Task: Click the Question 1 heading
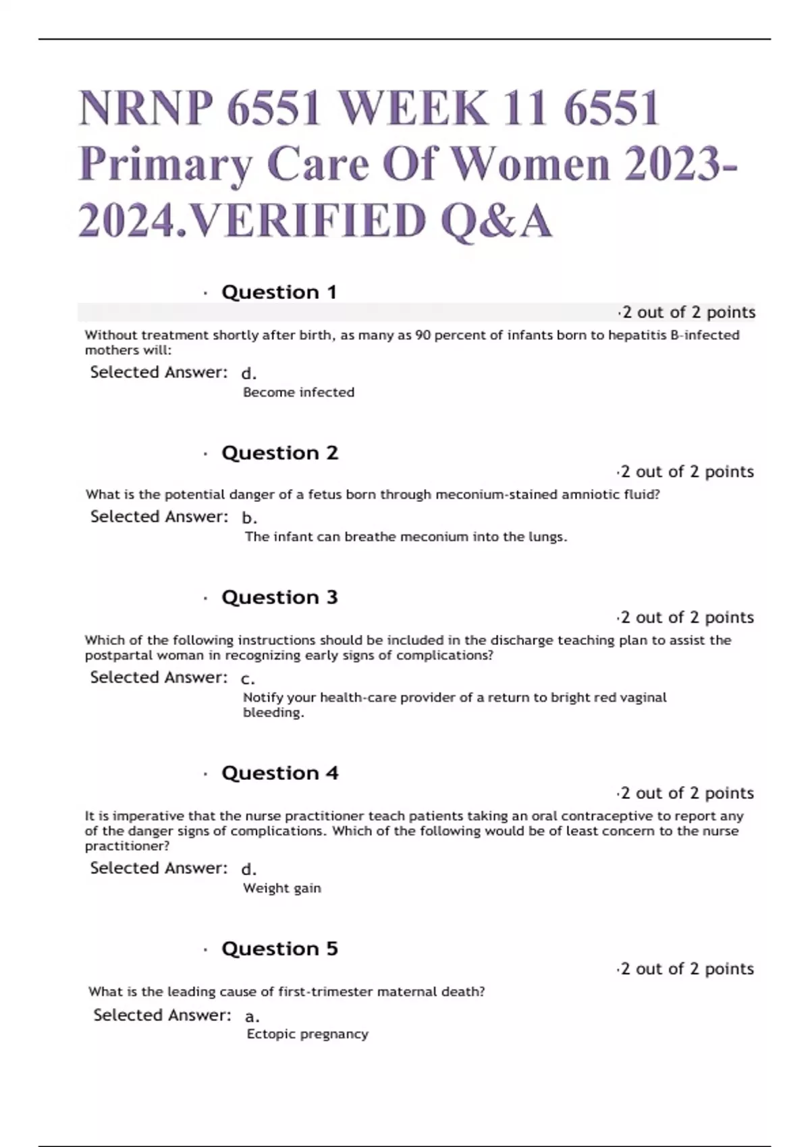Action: point(279,292)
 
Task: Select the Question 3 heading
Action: point(279,597)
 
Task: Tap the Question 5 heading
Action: point(279,949)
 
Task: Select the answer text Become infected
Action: point(298,392)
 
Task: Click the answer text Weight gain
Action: point(282,888)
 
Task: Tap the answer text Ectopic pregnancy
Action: point(308,1034)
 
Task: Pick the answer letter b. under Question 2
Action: point(249,518)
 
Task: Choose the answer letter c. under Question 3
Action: point(248,679)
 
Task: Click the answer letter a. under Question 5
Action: point(252,1016)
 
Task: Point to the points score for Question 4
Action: point(686,793)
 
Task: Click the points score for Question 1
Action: point(686,312)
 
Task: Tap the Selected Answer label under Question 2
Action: point(159,517)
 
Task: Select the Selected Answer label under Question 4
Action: point(159,868)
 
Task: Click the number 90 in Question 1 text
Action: point(423,335)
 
